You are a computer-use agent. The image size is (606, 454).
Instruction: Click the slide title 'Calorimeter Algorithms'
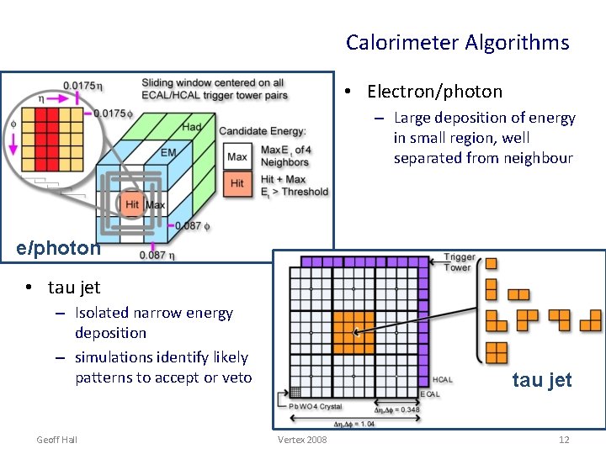click(x=457, y=43)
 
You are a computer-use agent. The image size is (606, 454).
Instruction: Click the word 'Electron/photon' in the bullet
click(x=434, y=92)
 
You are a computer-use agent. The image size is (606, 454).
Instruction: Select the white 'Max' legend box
click(x=237, y=157)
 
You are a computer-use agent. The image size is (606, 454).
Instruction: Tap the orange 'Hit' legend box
click(x=237, y=183)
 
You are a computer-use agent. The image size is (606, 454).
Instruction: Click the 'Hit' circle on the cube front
click(x=131, y=204)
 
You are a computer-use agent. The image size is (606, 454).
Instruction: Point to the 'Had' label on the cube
click(x=191, y=127)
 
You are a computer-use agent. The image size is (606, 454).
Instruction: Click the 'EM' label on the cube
click(x=168, y=152)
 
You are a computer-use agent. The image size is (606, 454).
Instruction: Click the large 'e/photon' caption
click(x=59, y=248)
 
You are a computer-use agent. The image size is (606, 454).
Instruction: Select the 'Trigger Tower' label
click(x=460, y=262)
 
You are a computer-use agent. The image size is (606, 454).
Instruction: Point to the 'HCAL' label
click(x=442, y=380)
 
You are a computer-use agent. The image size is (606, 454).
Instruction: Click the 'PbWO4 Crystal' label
click(x=316, y=406)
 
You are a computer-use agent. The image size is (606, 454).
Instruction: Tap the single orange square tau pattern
click(x=491, y=263)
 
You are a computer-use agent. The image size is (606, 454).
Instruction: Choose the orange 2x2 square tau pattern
click(x=497, y=352)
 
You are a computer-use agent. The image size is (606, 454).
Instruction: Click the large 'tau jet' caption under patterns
click(x=542, y=380)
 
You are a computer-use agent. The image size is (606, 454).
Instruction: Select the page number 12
click(x=564, y=440)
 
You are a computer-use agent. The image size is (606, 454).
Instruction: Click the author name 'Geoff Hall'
click(x=57, y=440)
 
